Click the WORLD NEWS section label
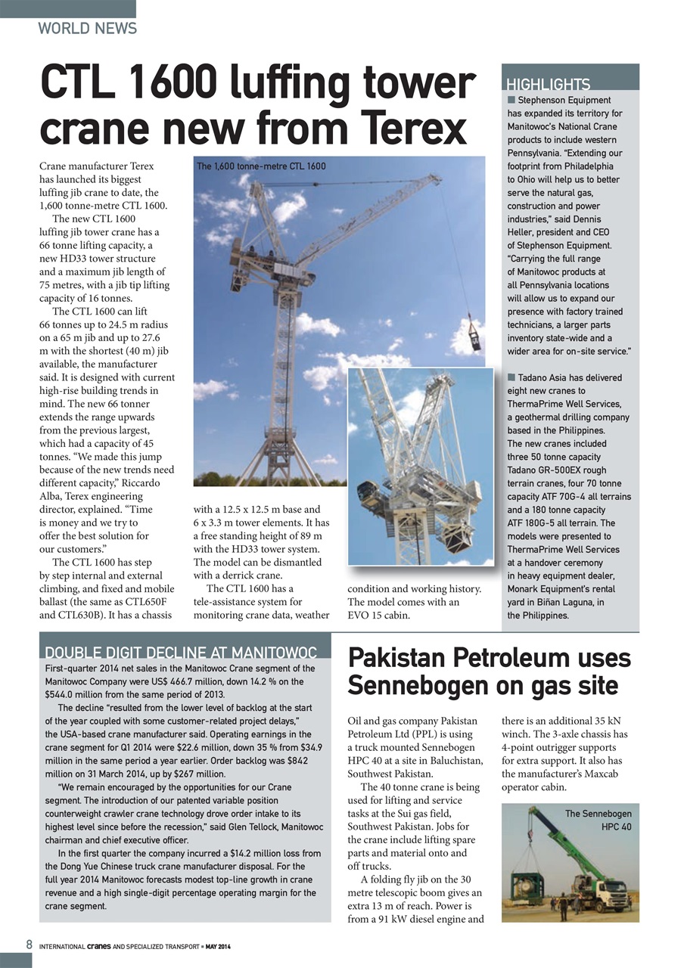pyautogui.click(x=87, y=29)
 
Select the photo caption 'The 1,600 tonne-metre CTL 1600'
pyautogui.click(x=261, y=166)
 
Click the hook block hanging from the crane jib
pyautogui.click(x=474, y=338)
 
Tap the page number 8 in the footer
pyautogui.click(x=29, y=945)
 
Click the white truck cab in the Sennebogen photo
pyautogui.click(x=610, y=892)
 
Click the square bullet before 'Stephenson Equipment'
pyautogui.click(x=511, y=100)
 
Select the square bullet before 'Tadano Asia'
pyautogui.click(x=511, y=377)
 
